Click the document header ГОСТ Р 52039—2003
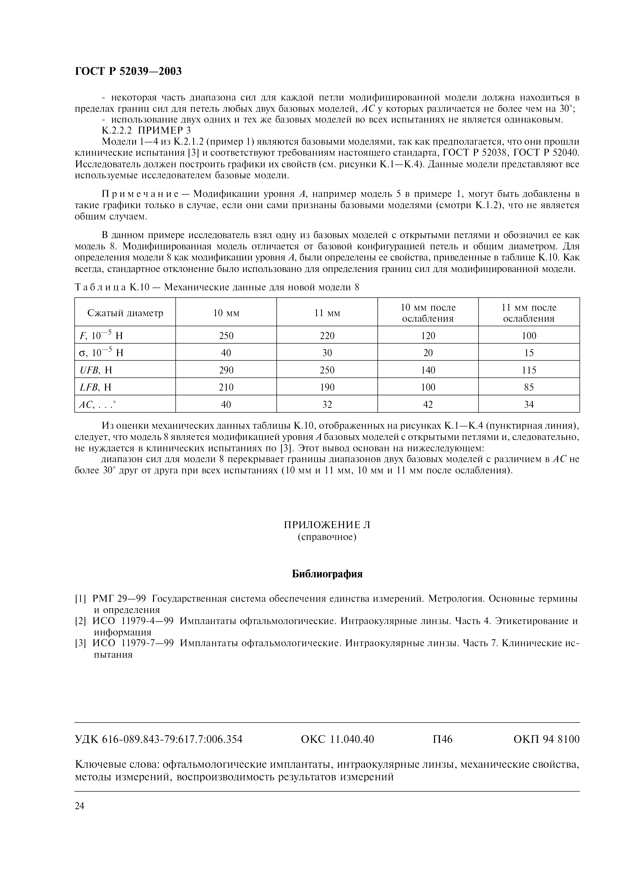point(128,71)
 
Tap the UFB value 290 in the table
point(226,370)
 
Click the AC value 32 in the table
point(327,404)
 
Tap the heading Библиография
point(327,574)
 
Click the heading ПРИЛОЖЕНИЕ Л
point(327,525)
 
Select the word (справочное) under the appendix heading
point(327,537)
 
